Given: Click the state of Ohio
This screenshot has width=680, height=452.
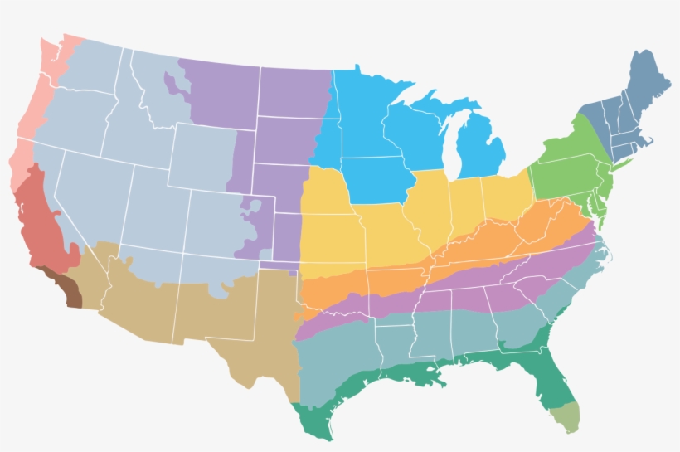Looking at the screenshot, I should tap(506, 195).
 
